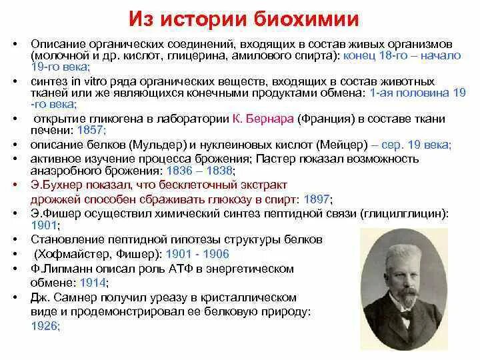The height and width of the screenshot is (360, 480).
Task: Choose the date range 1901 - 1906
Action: point(197,254)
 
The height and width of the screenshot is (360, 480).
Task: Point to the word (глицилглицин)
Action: point(404,213)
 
